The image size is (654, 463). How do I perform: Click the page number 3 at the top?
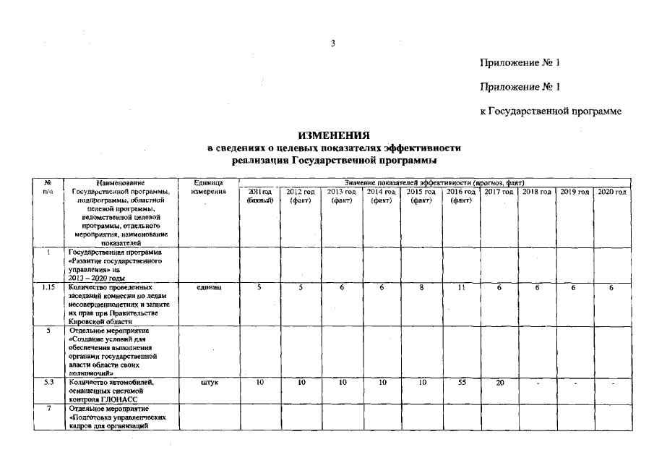tap(333, 43)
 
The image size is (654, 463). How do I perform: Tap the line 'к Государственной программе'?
tap(551, 111)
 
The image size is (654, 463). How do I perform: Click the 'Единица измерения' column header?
tap(209, 187)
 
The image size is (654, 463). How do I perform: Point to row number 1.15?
tap(48, 287)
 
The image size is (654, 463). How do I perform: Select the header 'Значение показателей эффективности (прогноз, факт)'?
tap(434, 182)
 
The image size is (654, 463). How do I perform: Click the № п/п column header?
tap(48, 187)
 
